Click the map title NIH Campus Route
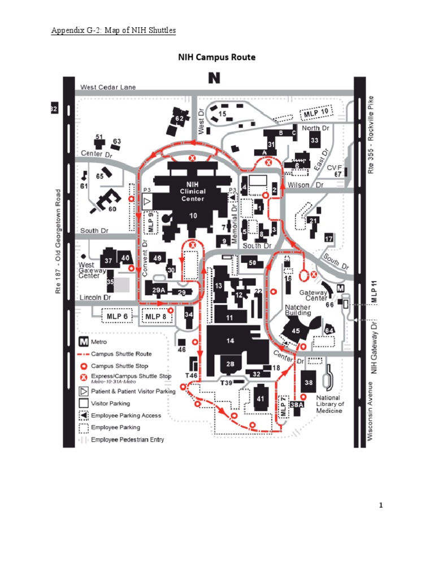217,57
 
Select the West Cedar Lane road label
108,87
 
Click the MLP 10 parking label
315,114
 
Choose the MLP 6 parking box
118,316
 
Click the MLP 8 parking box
157,316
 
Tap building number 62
179,119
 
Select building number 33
315,140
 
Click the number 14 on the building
230,341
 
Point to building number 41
261,399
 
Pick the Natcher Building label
298,309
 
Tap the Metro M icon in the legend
83,342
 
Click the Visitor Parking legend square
83,403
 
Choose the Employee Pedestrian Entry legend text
127,439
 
